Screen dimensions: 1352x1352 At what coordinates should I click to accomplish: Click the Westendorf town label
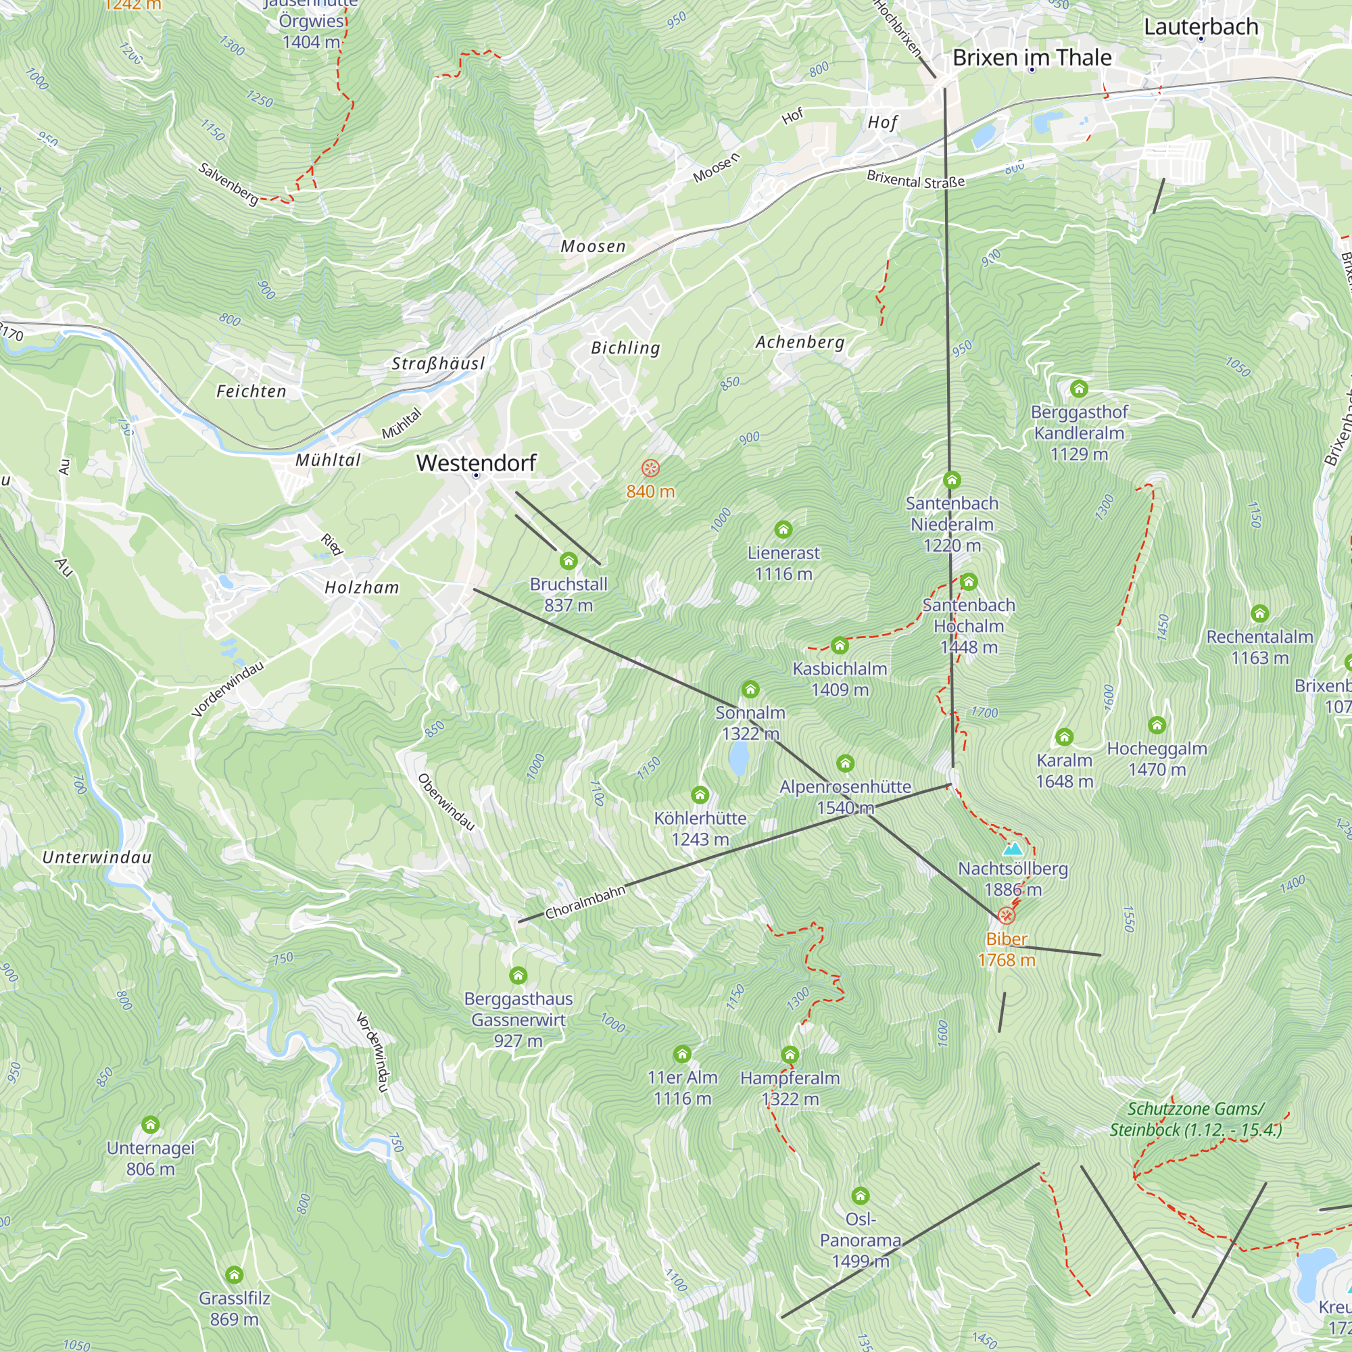[476, 462]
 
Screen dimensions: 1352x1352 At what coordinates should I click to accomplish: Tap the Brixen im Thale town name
[1032, 57]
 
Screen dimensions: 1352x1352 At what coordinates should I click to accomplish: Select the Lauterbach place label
[1201, 26]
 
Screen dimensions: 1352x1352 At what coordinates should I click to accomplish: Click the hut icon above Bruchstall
[569, 560]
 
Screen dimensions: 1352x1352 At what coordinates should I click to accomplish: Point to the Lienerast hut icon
[783, 529]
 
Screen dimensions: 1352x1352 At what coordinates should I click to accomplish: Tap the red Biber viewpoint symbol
[1006, 915]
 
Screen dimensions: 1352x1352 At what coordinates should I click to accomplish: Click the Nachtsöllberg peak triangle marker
[1012, 850]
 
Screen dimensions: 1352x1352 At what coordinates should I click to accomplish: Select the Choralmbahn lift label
[584, 902]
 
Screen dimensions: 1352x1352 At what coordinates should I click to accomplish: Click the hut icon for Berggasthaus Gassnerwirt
[518, 975]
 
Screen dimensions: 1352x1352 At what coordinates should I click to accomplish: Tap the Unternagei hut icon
[151, 1125]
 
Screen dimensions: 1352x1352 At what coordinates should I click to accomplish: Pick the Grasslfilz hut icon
[234, 1274]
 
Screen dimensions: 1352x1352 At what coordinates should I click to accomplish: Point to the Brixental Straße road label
[915, 180]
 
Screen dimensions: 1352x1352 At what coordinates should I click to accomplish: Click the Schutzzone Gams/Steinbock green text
[1195, 1119]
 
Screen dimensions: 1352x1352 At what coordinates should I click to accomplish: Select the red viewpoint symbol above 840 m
[650, 468]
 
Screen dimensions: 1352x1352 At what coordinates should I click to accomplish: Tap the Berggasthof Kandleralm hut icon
[1079, 389]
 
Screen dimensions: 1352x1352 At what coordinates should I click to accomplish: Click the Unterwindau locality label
[97, 857]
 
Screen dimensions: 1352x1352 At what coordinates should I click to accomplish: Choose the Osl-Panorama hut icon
[860, 1196]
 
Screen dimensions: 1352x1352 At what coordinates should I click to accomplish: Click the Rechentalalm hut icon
[1259, 614]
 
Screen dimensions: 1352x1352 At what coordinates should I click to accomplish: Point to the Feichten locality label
[251, 391]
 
